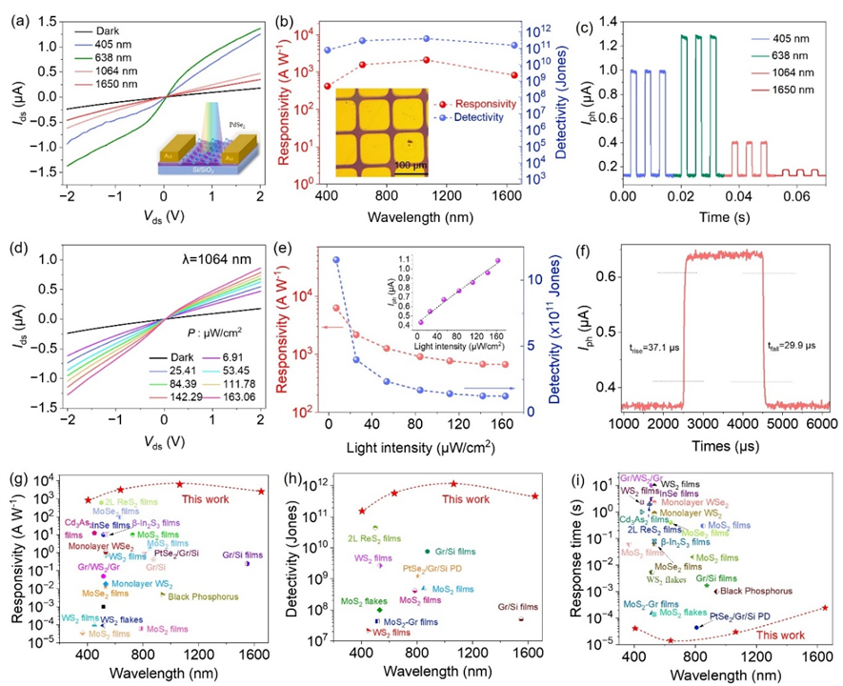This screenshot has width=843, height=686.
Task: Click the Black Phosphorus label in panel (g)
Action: tap(202, 597)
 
